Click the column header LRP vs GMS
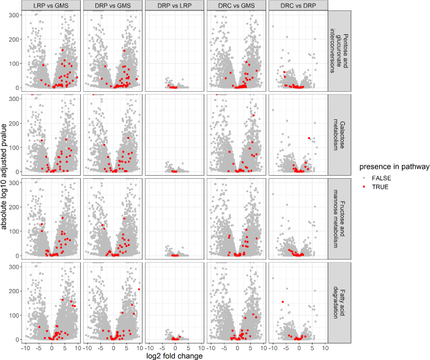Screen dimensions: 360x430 click(x=51, y=6)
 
